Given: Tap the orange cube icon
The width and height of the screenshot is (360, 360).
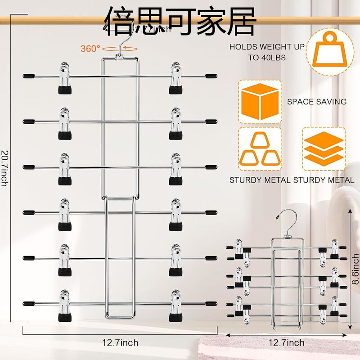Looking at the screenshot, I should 260,101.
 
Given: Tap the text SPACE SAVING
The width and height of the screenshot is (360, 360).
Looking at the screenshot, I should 317,102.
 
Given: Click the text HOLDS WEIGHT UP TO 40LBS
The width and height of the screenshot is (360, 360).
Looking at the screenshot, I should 267,52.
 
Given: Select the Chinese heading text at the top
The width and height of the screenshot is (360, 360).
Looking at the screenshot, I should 180,20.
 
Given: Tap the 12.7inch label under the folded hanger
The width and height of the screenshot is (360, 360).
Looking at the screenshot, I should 287,343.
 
